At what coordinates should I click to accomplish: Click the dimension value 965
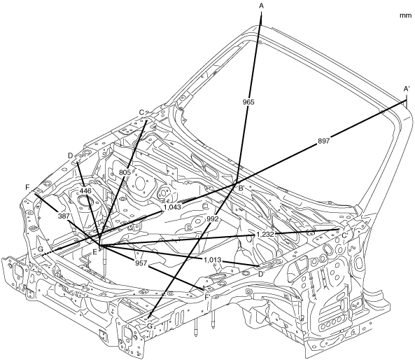tap(248, 102)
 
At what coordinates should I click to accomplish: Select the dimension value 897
tap(323, 141)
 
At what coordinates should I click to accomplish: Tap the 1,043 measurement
tap(172, 207)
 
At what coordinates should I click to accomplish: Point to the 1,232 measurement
tap(266, 235)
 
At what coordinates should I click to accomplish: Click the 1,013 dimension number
tap(212, 260)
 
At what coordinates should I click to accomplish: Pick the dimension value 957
tap(141, 263)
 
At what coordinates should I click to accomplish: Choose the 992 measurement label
tap(213, 219)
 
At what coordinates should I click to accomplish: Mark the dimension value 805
tap(125, 172)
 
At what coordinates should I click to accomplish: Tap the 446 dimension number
tap(86, 191)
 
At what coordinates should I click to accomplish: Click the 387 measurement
tap(64, 216)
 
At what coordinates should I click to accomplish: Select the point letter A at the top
tap(262, 6)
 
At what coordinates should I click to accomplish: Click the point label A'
tap(407, 89)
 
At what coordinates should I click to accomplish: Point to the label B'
tap(241, 188)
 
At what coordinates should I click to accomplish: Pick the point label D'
tap(261, 274)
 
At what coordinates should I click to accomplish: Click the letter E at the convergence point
tap(94, 252)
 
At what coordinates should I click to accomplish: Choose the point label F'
tap(208, 298)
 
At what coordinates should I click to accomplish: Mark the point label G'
tap(150, 326)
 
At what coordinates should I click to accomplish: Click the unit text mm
tap(405, 15)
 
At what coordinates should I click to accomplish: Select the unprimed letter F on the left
tap(27, 188)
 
